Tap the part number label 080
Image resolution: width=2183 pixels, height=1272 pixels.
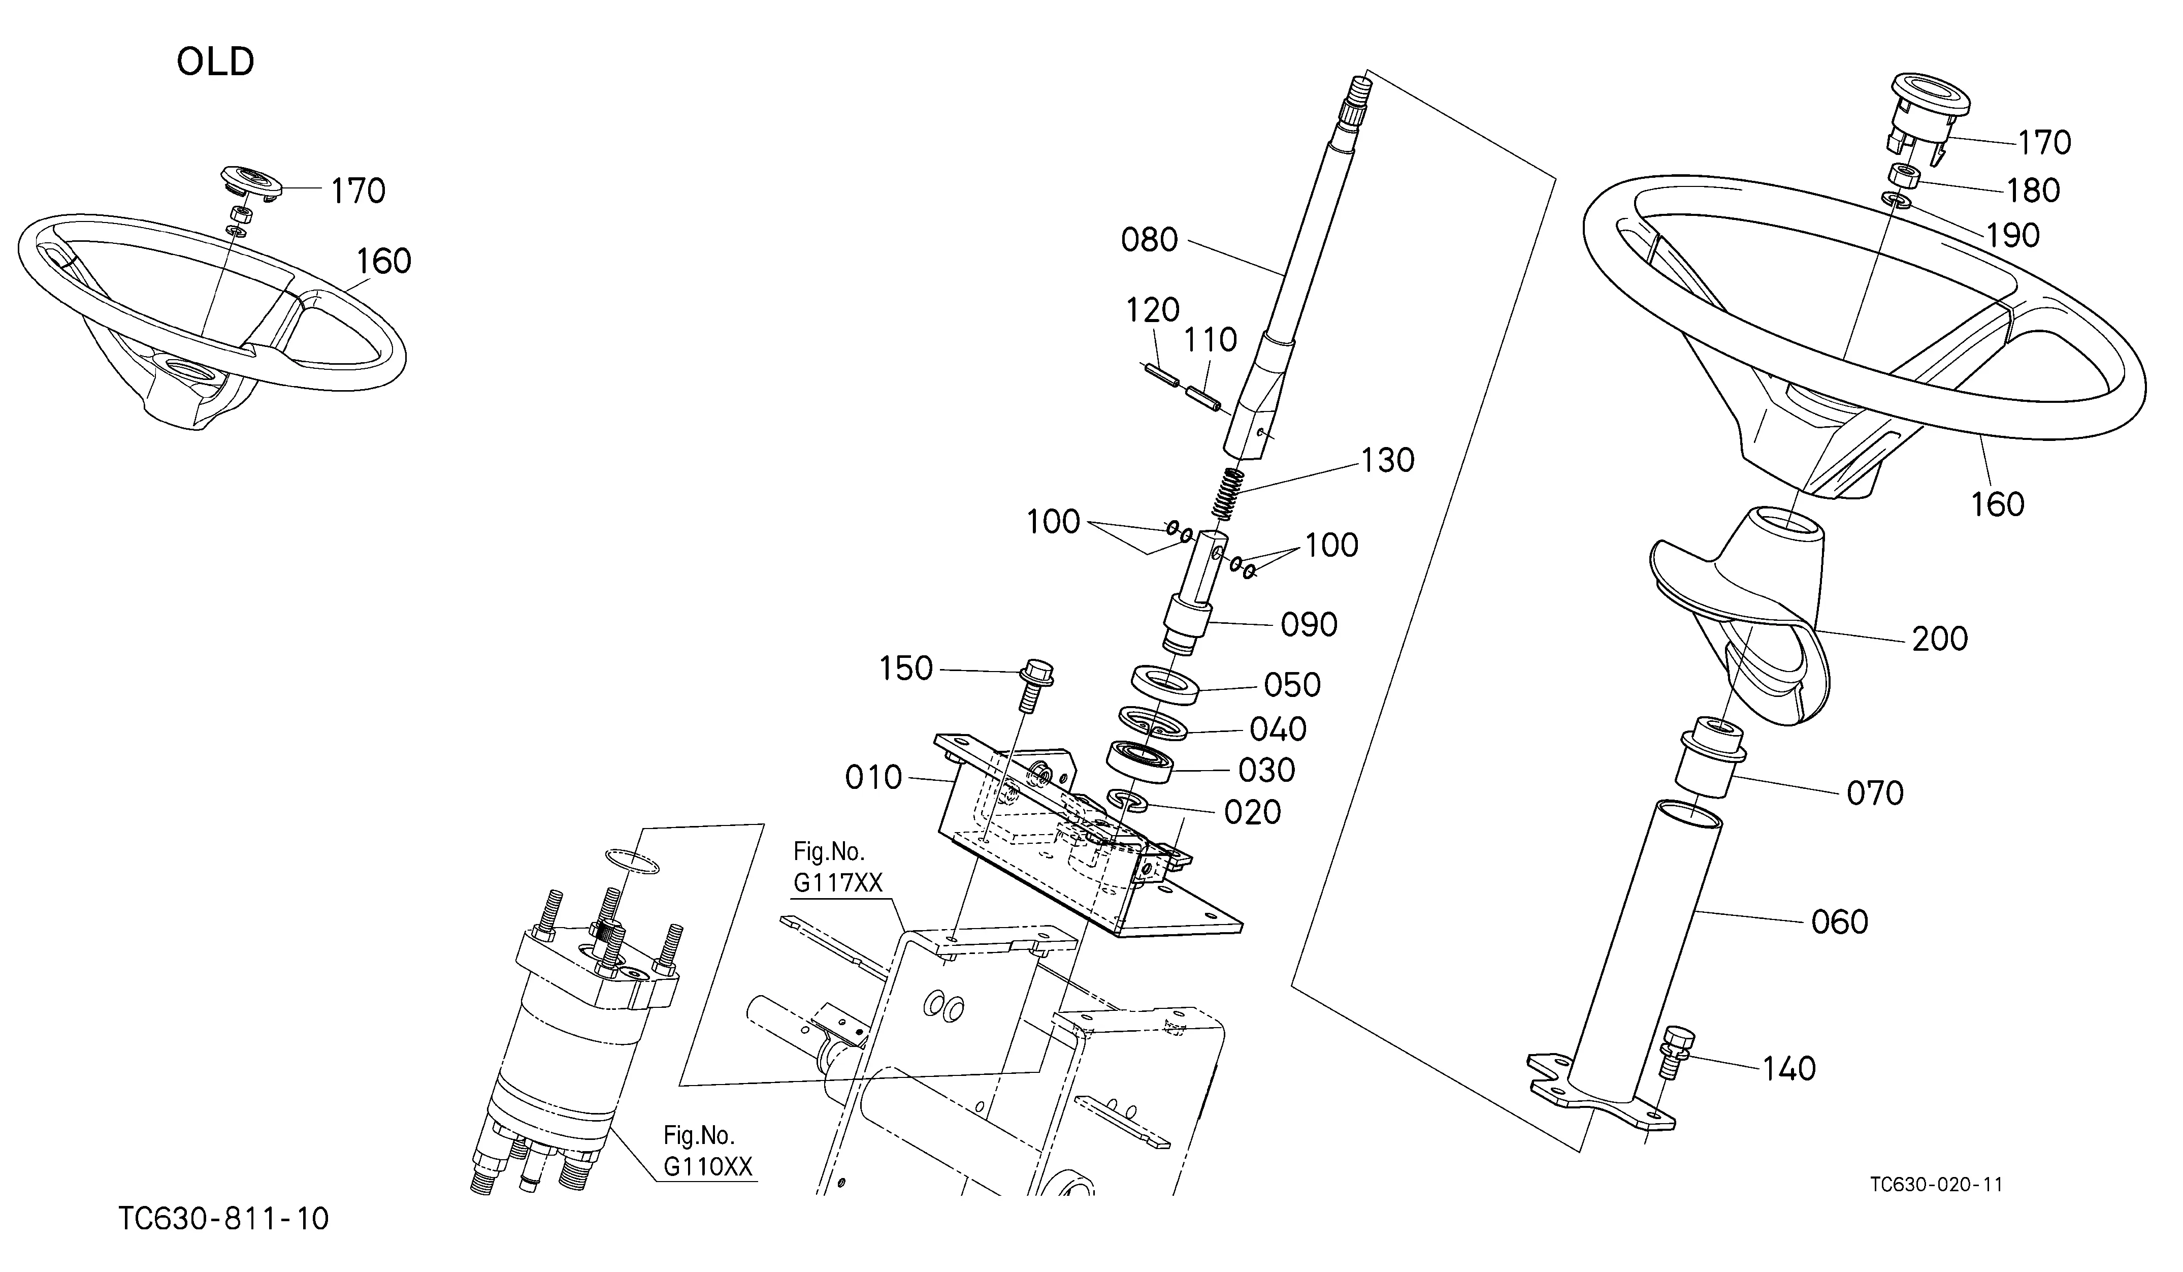1150,240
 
